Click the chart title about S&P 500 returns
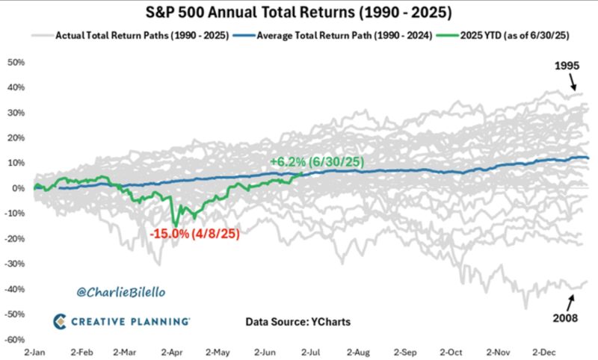(x=298, y=13)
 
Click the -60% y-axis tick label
(x=15, y=339)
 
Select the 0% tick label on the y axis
(x=18, y=188)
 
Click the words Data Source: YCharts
(x=297, y=322)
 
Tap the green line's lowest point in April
(x=175, y=226)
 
